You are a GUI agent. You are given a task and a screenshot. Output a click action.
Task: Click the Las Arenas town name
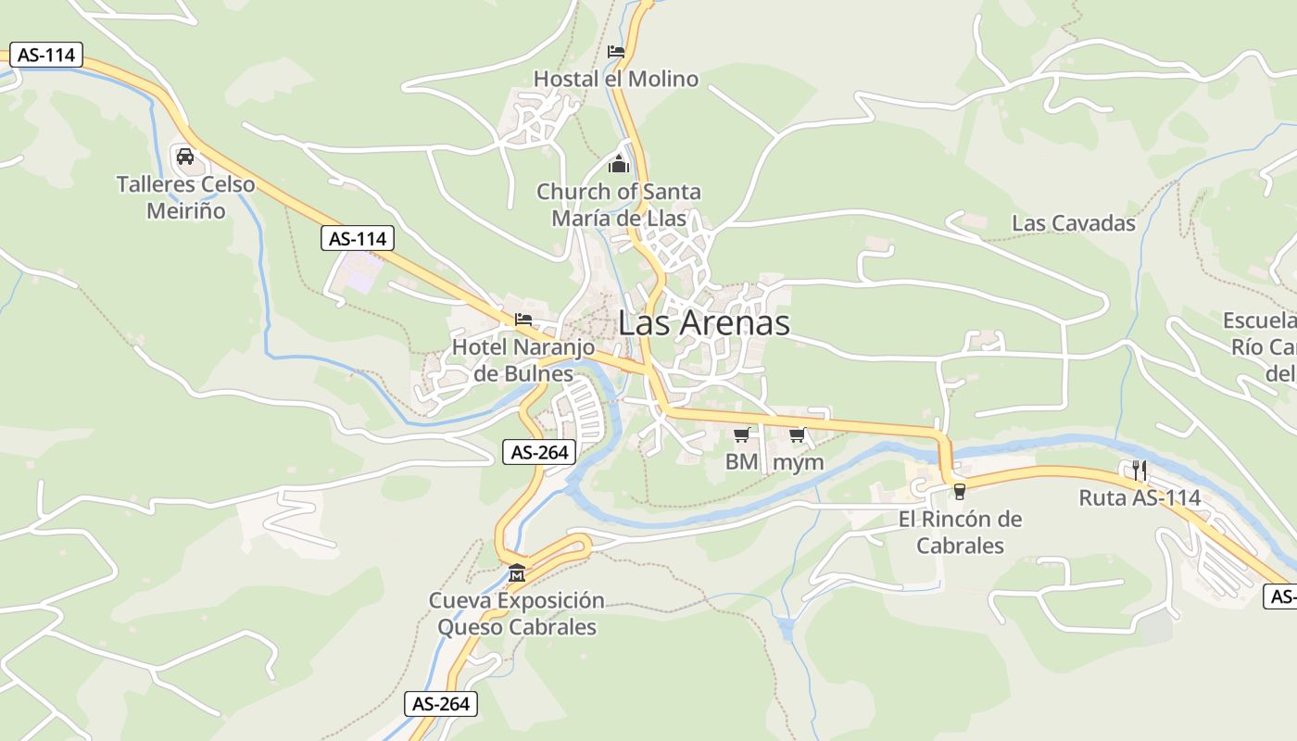pyautogui.click(x=704, y=322)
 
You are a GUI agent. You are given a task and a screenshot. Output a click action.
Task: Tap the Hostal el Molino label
pyautogui.click(x=616, y=80)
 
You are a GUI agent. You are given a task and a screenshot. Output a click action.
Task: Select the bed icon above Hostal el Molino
pyautogui.click(x=616, y=52)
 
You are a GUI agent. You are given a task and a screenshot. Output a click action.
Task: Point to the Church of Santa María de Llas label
pyautogui.click(x=619, y=205)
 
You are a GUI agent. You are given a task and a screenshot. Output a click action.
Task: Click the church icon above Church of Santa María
pyautogui.click(x=618, y=165)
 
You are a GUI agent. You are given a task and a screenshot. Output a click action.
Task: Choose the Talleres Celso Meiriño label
pyautogui.click(x=185, y=197)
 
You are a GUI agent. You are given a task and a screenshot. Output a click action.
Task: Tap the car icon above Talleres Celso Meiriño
pyautogui.click(x=184, y=156)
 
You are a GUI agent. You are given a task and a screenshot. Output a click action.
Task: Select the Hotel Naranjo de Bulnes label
pyautogui.click(x=523, y=360)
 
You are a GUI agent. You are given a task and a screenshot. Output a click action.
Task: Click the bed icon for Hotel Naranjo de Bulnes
pyautogui.click(x=523, y=320)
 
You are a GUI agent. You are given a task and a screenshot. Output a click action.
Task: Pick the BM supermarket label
pyautogui.click(x=741, y=461)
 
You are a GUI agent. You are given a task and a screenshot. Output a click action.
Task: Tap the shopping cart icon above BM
pyautogui.click(x=741, y=434)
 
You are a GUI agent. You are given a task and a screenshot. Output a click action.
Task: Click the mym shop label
pyautogui.click(x=798, y=461)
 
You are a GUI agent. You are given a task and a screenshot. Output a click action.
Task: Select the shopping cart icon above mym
pyautogui.click(x=798, y=434)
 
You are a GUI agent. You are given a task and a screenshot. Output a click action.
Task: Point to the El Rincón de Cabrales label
pyautogui.click(x=960, y=533)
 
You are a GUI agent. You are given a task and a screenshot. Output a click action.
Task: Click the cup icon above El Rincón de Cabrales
pyautogui.click(x=960, y=491)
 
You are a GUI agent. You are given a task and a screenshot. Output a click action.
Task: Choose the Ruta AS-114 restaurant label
pyautogui.click(x=1140, y=498)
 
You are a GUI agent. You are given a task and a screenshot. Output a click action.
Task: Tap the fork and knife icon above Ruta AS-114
pyautogui.click(x=1140, y=471)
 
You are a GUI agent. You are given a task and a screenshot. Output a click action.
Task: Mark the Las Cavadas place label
pyautogui.click(x=1074, y=223)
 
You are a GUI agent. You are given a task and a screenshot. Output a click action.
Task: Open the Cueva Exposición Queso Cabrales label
pyautogui.click(x=516, y=614)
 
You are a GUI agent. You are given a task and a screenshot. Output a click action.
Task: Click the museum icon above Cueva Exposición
pyautogui.click(x=516, y=573)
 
